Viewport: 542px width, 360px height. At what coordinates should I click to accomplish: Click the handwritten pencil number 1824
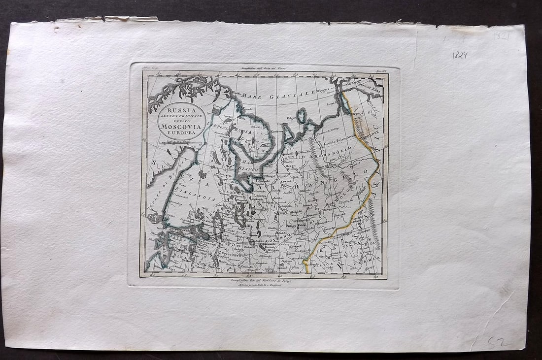click(x=459, y=55)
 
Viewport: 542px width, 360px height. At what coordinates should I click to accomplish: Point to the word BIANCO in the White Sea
click(x=249, y=169)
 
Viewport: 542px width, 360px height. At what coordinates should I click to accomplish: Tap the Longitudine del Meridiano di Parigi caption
click(x=263, y=280)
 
